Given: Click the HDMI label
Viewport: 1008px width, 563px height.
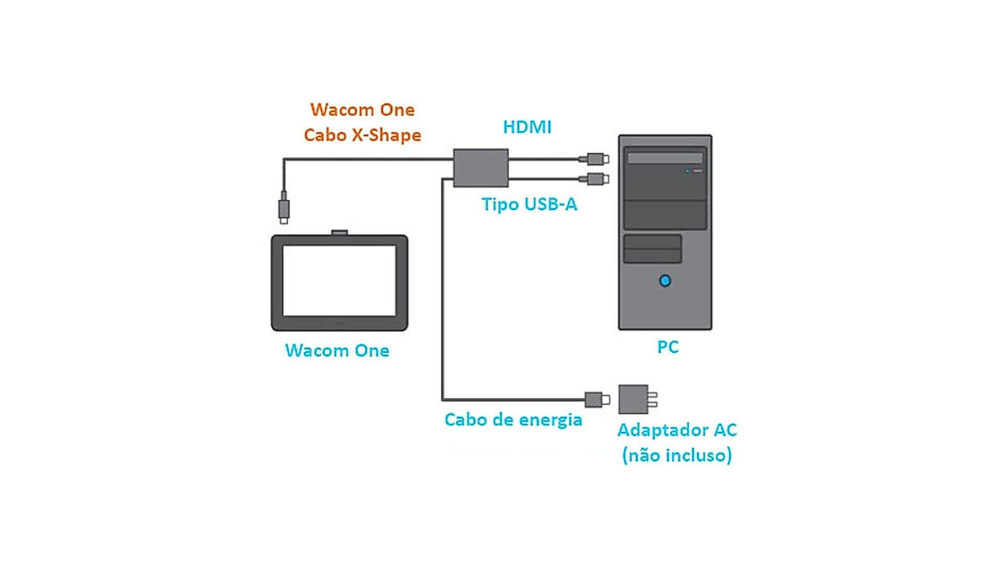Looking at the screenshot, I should [527, 127].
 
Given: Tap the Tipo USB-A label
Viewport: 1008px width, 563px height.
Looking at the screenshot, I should [529, 203].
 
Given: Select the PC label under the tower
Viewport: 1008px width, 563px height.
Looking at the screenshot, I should [668, 347].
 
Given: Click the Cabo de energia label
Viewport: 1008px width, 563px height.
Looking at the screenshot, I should [513, 419].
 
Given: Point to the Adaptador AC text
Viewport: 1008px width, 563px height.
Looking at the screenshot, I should [677, 430].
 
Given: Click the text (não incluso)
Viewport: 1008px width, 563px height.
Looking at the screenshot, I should [677, 456].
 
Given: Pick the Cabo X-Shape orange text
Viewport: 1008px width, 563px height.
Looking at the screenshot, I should [363, 134].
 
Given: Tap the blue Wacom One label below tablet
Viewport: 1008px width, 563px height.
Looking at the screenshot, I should [338, 350].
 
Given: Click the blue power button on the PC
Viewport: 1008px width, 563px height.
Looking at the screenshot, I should [666, 280].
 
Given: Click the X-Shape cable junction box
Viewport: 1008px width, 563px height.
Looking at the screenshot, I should [480, 167].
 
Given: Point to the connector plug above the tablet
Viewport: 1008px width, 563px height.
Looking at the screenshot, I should [285, 207].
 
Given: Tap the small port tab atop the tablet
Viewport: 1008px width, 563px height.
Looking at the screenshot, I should [339, 231].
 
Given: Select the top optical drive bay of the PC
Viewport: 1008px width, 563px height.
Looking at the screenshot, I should [665, 157].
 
